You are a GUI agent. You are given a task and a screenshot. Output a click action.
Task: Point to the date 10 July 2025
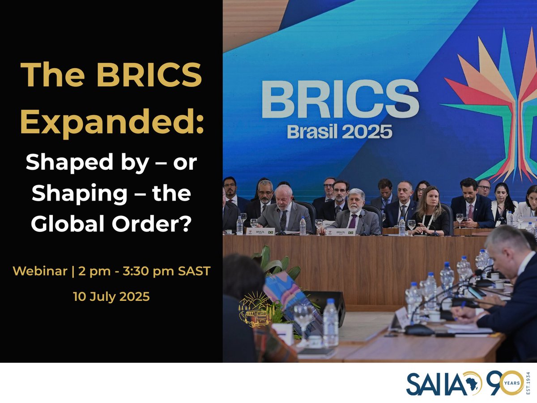[111, 297]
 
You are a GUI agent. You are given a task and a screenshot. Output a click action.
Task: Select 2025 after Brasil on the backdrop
[371, 132]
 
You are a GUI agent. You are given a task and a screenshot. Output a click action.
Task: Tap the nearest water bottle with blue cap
[331, 322]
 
